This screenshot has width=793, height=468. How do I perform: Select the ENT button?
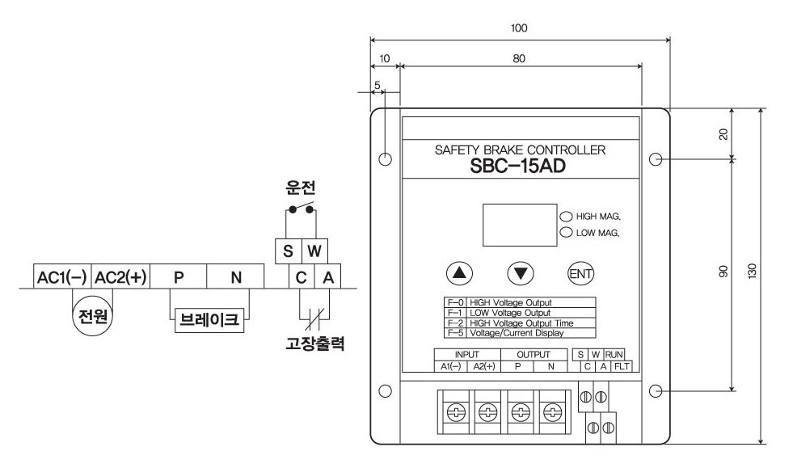[x=580, y=272]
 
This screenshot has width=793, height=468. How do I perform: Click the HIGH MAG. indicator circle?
[x=565, y=217]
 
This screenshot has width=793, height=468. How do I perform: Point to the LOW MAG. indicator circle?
[x=565, y=233]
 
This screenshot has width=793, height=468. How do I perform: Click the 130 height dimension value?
[x=753, y=273]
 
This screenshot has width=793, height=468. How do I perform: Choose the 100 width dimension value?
[x=520, y=27]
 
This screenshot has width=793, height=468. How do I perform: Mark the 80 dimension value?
[x=519, y=58]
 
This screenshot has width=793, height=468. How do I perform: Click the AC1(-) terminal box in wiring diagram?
[x=61, y=277]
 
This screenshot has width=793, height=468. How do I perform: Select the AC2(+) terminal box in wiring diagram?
[x=120, y=277]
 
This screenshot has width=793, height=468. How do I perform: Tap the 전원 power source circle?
[x=91, y=314]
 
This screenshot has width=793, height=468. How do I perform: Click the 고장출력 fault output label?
[x=315, y=342]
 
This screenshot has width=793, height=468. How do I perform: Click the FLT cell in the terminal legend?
[x=621, y=366]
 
